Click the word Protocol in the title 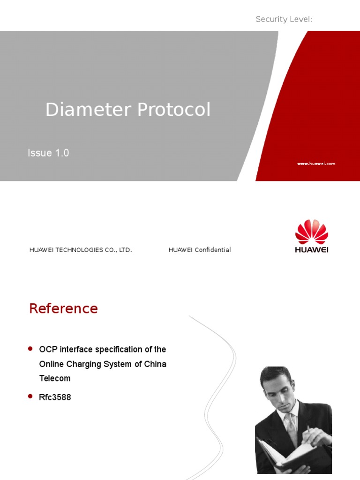tap(174, 110)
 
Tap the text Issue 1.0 tap(48, 153)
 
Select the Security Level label tap(284, 19)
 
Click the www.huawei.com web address tap(316, 164)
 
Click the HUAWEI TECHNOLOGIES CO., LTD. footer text tap(81, 250)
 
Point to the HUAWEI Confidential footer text tap(200, 250)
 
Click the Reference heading tap(63, 308)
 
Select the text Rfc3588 tap(55, 397)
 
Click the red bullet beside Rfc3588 tap(30, 396)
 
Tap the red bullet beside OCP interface tap(30, 348)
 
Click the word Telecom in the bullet tap(55, 378)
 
